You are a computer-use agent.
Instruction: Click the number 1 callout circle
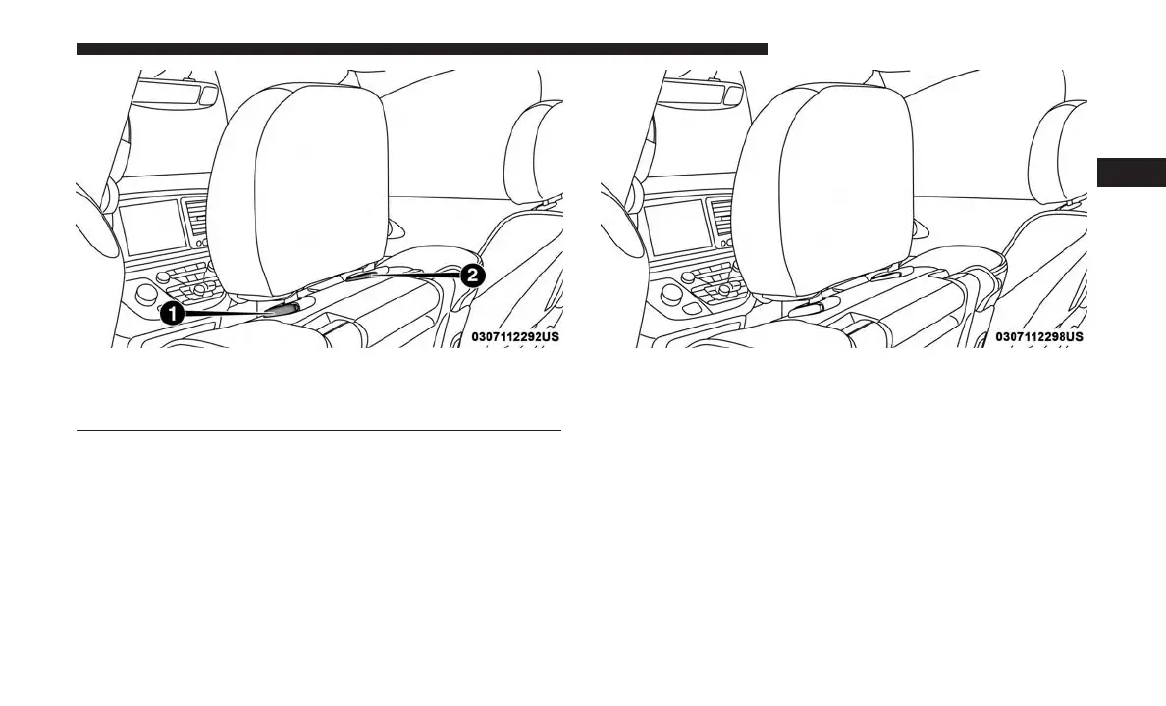(x=173, y=314)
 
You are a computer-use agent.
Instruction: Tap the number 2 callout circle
(x=472, y=276)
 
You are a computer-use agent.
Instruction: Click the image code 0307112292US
(x=515, y=336)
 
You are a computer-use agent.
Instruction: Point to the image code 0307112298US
(x=1039, y=336)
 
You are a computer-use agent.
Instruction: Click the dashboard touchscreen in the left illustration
(x=152, y=227)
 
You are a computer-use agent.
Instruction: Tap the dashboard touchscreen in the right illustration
(x=676, y=227)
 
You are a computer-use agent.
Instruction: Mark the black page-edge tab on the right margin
(x=1131, y=171)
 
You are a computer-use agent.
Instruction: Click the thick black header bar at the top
(x=421, y=48)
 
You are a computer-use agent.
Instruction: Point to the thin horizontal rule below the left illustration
(x=319, y=430)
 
